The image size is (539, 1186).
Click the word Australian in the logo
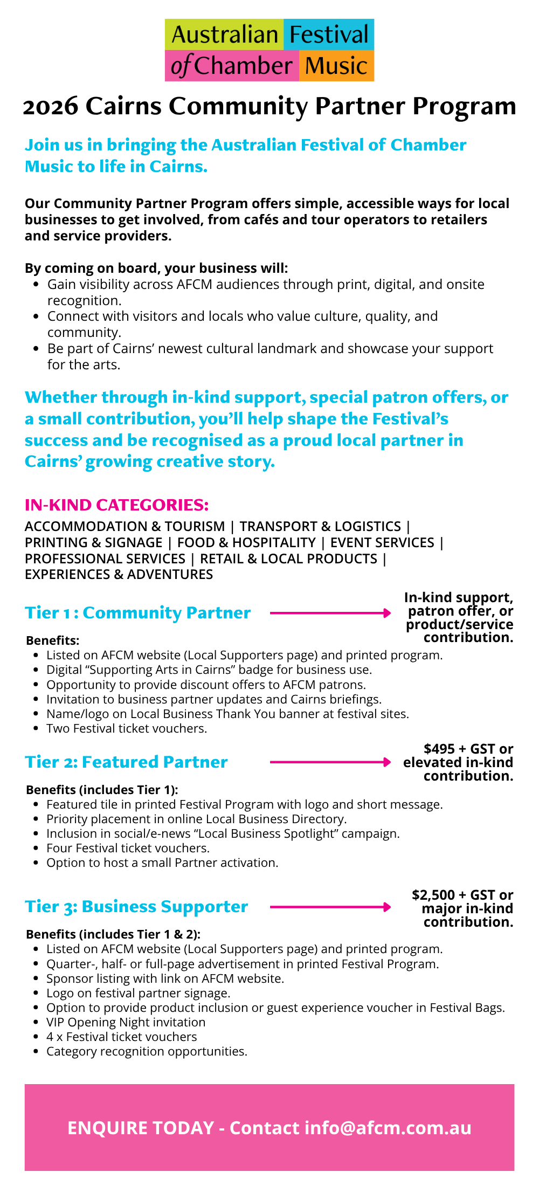[x=224, y=36]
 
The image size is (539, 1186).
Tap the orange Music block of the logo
[x=336, y=66]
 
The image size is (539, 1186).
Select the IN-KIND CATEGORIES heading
[x=116, y=505]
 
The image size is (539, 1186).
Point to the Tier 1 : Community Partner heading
[x=138, y=613]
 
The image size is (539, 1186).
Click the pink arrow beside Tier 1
[x=330, y=613]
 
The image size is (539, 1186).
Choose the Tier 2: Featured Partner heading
[x=126, y=762]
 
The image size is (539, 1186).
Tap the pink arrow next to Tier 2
[x=330, y=762]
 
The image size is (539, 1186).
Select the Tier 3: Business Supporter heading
[x=136, y=907]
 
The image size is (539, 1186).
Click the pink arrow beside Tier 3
[x=330, y=907]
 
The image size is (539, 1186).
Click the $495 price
[x=439, y=749]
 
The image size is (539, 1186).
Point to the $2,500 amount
[x=434, y=895]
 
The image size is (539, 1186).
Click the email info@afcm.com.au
[x=388, y=1128]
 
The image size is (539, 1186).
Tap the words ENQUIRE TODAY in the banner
[x=141, y=1128]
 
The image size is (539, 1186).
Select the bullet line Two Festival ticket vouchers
[x=127, y=729]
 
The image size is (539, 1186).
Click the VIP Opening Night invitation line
[x=126, y=1023]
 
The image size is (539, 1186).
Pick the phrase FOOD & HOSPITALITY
[x=246, y=543]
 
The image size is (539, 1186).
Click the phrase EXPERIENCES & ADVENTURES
[x=119, y=575]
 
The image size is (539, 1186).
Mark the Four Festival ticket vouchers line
[x=128, y=849]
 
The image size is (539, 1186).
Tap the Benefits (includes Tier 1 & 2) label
[x=113, y=935]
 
